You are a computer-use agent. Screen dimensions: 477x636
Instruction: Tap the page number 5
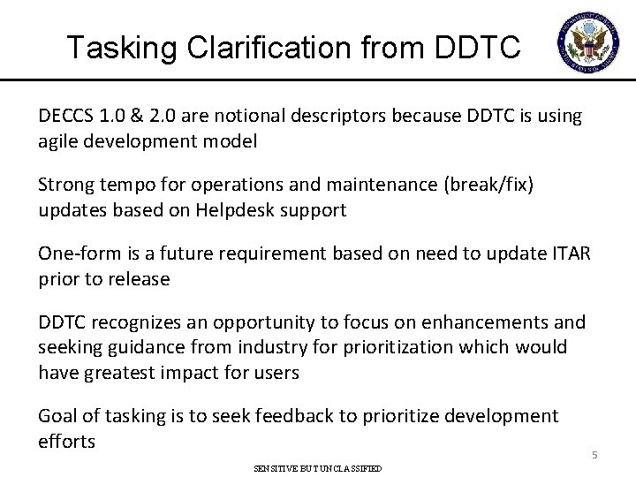point(595,456)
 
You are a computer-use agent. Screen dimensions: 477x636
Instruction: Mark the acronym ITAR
point(575,255)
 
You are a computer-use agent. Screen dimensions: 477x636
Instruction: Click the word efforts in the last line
point(66,441)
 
